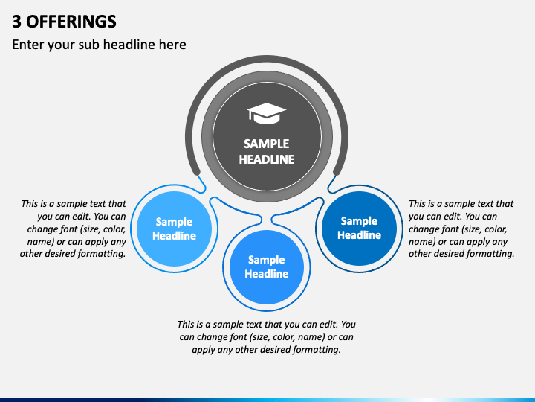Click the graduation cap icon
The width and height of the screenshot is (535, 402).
click(267, 113)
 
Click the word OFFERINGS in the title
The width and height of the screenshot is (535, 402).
click(71, 22)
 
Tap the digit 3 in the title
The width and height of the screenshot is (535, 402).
click(16, 22)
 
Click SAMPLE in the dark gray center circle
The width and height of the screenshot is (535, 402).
click(267, 144)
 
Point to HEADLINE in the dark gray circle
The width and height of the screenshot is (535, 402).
click(267, 159)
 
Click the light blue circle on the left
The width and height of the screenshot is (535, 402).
click(174, 229)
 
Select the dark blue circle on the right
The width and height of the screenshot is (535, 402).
click(360, 228)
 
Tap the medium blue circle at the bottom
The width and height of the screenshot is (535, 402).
click(267, 267)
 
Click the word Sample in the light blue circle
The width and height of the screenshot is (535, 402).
click(174, 222)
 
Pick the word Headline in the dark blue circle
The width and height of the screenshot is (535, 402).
click(360, 235)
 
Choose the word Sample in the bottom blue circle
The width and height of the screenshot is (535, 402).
click(267, 260)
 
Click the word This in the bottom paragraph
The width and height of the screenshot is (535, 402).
click(186, 324)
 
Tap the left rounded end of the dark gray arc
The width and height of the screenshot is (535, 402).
click(196, 172)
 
